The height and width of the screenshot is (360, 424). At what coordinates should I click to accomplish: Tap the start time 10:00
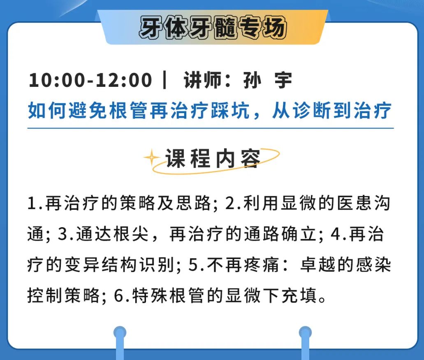point(57,80)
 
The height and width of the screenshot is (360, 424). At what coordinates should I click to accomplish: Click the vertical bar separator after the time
point(165,80)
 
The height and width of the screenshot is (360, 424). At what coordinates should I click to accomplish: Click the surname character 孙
point(252,80)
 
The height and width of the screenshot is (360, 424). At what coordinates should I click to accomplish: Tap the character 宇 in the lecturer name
point(283,80)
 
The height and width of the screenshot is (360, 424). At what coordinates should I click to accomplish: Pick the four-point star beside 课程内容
point(152,157)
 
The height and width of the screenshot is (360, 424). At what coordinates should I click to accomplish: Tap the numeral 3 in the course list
point(63,234)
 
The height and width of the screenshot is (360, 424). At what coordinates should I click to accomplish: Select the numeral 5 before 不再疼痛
point(194,265)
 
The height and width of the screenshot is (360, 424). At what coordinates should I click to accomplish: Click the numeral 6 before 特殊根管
point(119,295)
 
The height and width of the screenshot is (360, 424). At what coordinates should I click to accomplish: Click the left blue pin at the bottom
point(120,343)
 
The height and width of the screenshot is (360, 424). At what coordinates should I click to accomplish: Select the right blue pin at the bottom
point(305,343)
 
